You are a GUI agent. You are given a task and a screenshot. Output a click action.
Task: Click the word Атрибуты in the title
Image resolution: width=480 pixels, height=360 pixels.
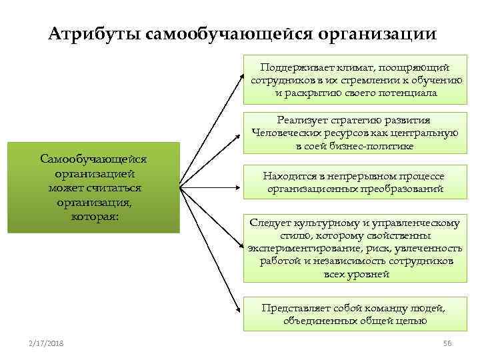tap(93, 33)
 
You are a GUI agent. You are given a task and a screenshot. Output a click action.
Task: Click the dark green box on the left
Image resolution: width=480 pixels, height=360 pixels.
tap(94, 187)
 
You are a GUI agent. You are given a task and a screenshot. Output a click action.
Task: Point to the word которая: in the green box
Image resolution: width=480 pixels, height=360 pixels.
tap(94, 217)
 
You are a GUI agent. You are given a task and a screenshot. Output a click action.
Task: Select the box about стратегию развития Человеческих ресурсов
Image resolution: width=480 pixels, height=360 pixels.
tap(354, 133)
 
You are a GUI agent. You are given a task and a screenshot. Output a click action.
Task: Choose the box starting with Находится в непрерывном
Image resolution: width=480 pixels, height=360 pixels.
tap(354, 182)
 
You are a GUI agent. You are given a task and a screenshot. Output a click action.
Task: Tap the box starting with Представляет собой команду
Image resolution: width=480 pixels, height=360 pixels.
tap(354, 314)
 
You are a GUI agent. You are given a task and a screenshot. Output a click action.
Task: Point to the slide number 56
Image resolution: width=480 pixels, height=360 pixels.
tap(447, 343)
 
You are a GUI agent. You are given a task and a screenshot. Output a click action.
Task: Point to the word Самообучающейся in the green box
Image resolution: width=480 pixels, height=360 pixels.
tap(94, 159)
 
